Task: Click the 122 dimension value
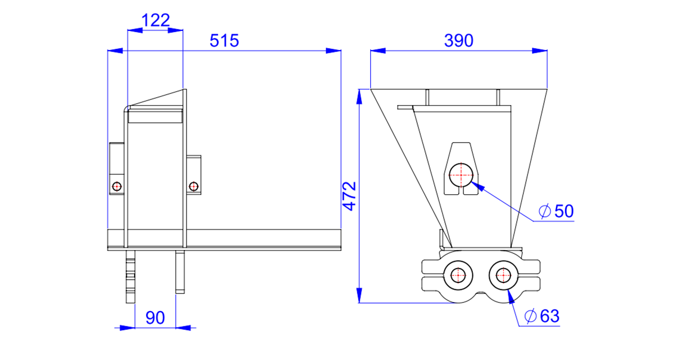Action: point(156,20)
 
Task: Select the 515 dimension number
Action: point(224,40)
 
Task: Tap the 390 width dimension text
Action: point(459,40)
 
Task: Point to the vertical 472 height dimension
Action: point(349,196)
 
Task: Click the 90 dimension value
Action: point(155,317)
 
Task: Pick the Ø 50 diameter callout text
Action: point(556,211)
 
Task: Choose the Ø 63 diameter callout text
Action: point(541,316)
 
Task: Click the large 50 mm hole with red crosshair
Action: point(461,175)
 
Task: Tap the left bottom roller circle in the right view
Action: point(458,275)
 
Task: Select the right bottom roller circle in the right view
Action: point(503,275)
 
